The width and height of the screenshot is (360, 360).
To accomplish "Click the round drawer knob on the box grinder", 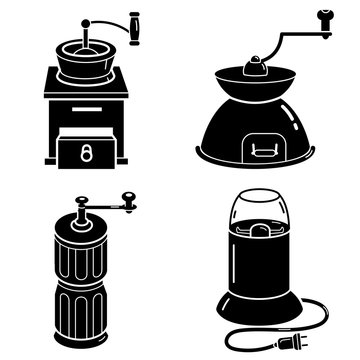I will point(86,151).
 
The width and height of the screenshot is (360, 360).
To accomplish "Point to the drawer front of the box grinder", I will point(86,151).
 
